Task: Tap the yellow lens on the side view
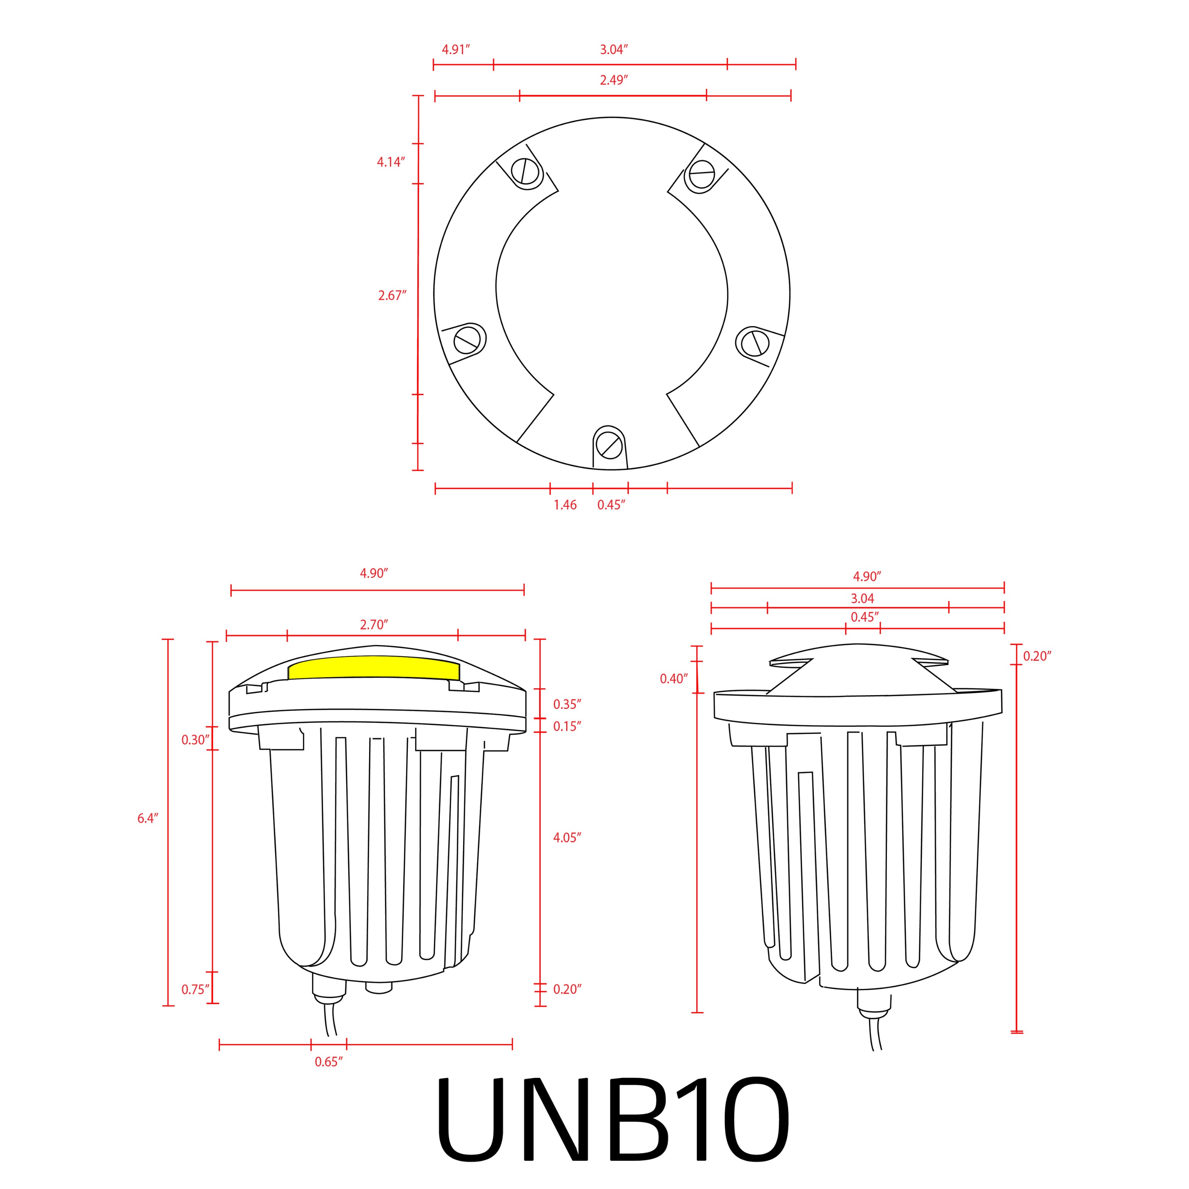coord(374,668)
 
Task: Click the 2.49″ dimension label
coord(614,80)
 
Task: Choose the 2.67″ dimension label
coord(392,295)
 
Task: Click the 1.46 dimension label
coord(565,505)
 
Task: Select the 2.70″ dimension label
coord(374,625)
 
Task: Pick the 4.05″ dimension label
coord(567,837)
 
